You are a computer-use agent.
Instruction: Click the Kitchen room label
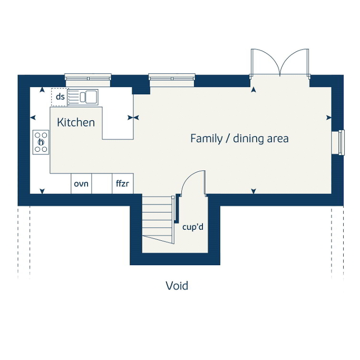[x=76, y=122]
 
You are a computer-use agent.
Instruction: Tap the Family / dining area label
[x=239, y=139]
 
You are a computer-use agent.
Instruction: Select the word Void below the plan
[x=177, y=286]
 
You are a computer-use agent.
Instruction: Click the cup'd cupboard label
[x=193, y=227]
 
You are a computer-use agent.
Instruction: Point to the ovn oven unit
[x=81, y=183]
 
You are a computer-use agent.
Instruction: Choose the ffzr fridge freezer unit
[x=123, y=183]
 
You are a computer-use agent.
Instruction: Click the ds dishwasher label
[x=60, y=96]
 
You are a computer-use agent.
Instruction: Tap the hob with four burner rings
[x=41, y=142]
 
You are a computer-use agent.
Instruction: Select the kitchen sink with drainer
[x=83, y=97]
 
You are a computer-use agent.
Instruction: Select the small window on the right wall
[x=338, y=142]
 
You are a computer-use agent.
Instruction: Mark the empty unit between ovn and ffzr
[x=102, y=183]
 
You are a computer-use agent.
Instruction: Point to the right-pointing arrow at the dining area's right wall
[x=329, y=118]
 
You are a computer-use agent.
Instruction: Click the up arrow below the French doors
[x=254, y=90]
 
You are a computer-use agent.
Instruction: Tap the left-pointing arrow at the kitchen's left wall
[x=33, y=118]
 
